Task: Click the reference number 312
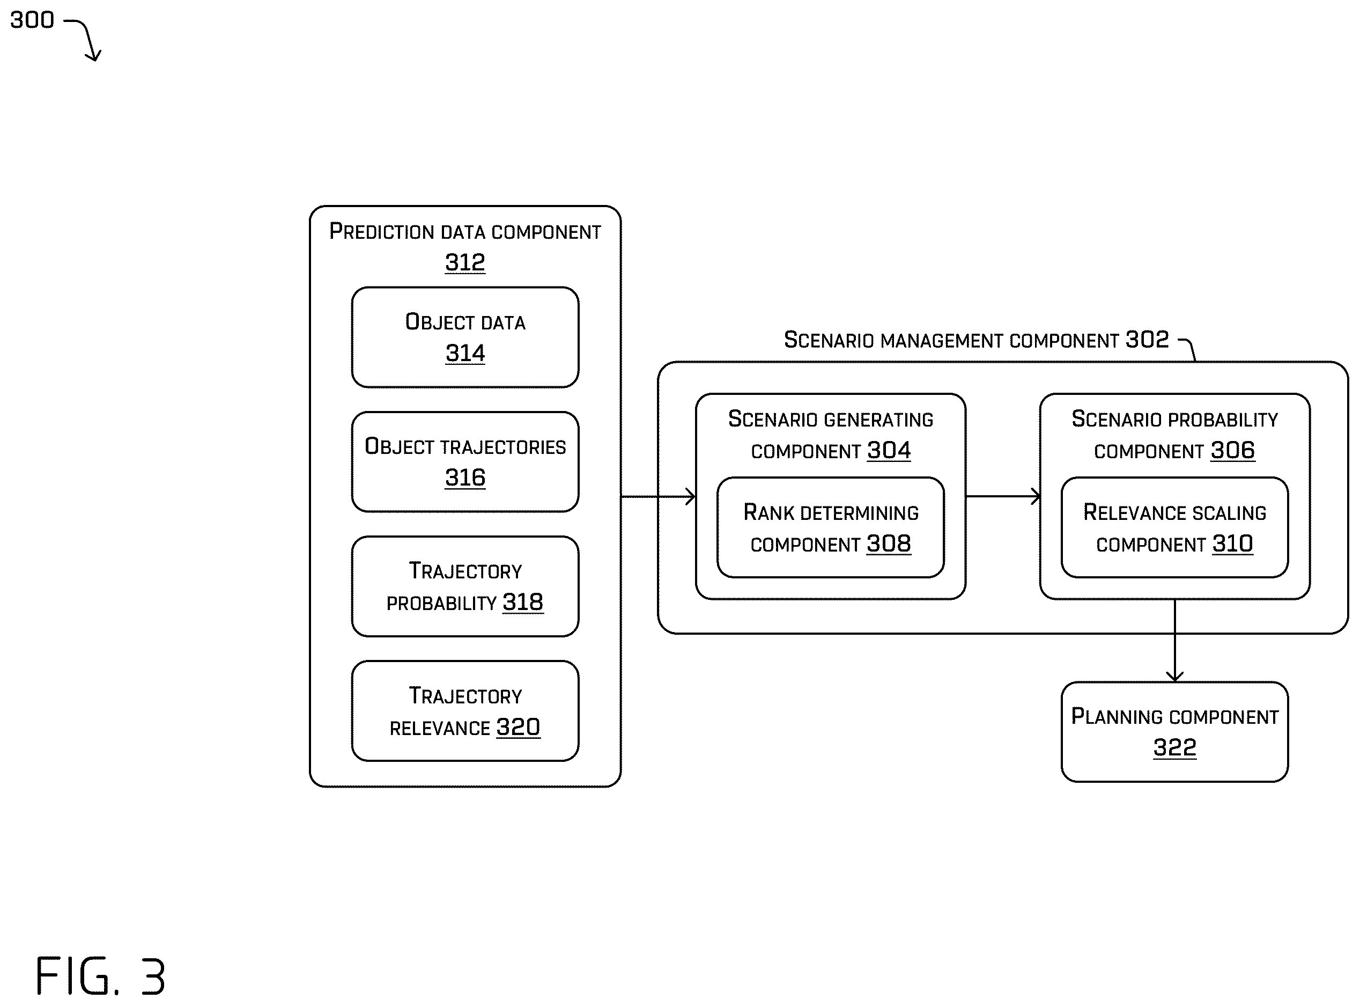coord(465,262)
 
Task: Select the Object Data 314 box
coord(465,337)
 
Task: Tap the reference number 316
coord(465,478)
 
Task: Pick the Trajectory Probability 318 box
coord(465,586)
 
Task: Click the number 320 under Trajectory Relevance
coord(518,726)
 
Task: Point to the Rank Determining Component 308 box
coord(831,527)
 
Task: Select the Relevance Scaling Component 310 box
coord(1174,527)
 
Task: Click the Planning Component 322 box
coord(1174,731)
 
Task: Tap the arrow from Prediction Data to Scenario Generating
coord(659,496)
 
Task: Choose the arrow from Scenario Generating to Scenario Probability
coord(1003,496)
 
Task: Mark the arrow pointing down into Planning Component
coord(1174,640)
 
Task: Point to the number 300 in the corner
coord(32,20)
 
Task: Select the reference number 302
coord(1147,339)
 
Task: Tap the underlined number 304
coord(889,451)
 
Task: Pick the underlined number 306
coord(1233,451)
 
